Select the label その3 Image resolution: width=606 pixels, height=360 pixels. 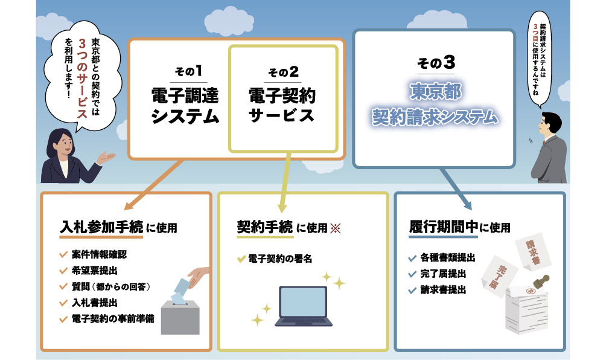(433, 63)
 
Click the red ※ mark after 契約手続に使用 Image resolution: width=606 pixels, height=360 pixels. (336, 228)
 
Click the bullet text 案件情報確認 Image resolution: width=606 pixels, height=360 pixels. (100, 254)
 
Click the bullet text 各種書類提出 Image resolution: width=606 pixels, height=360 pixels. (448, 258)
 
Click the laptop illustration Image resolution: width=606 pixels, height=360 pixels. (302, 305)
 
